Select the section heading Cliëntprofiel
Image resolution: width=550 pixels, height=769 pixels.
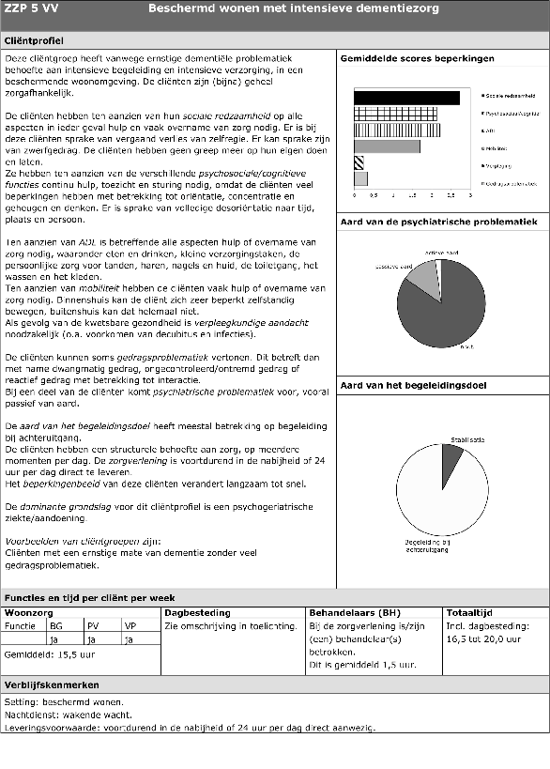point(35,41)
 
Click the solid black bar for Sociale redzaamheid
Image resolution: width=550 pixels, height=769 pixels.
point(406,97)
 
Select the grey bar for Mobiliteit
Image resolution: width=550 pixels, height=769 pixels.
point(387,146)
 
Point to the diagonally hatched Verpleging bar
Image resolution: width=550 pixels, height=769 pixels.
point(359,162)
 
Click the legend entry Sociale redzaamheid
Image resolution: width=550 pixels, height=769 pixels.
point(509,97)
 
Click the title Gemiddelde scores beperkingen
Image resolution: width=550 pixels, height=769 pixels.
point(417,58)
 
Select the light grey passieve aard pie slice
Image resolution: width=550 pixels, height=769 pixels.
point(423,276)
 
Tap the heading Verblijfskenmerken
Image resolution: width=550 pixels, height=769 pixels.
point(49,685)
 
